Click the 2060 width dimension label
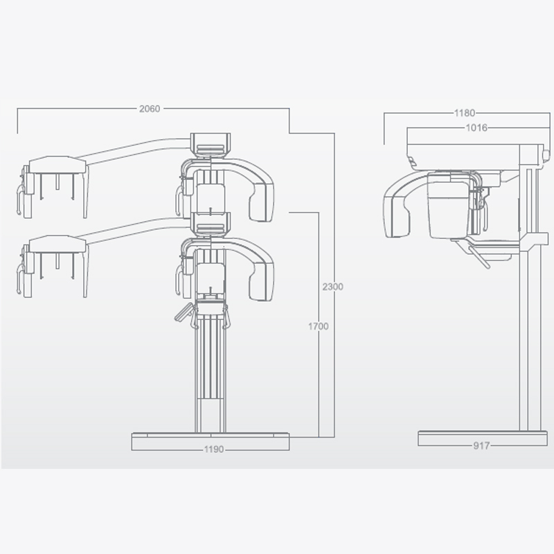coord(150,109)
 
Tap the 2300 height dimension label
coord(332,286)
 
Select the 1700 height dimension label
coord(318,326)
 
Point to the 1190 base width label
coord(214,449)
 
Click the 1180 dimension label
coord(464,113)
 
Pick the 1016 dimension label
coord(476,127)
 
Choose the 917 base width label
coord(481,445)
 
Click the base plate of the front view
coord(211,441)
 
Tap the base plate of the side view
coord(483,438)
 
